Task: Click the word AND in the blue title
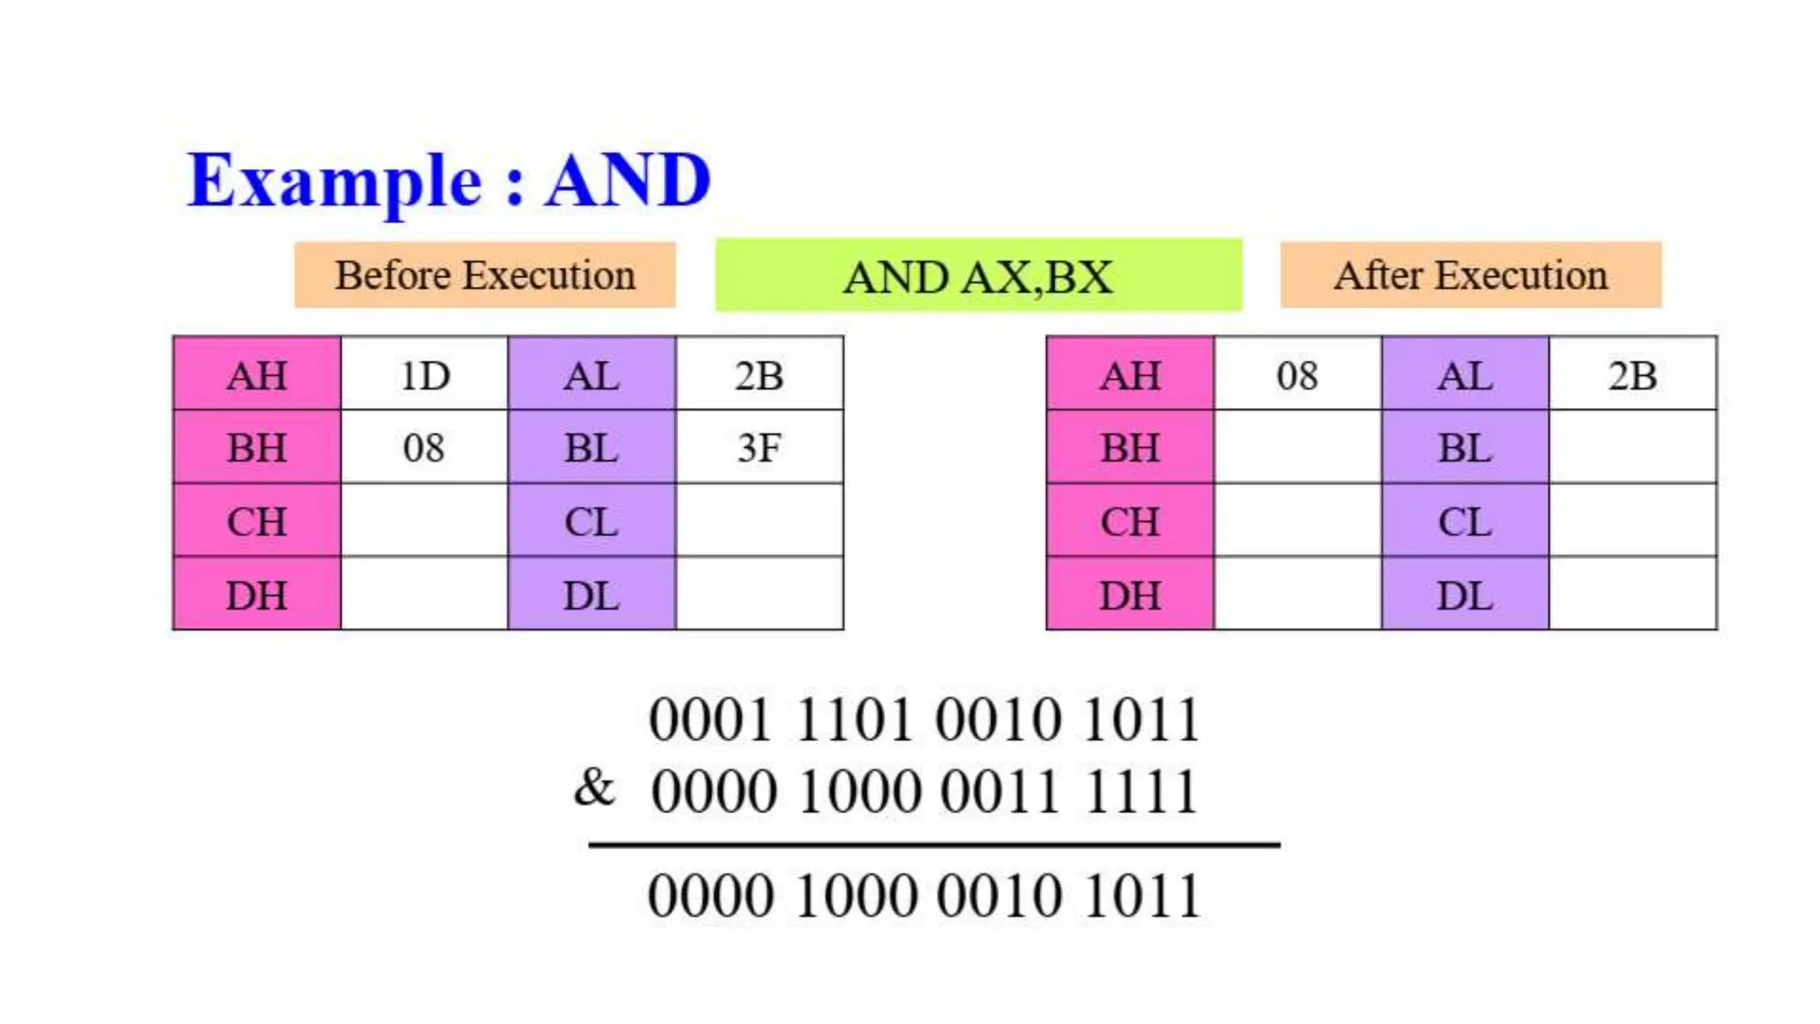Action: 627,180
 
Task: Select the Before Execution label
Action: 484,276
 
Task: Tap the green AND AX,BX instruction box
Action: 978,276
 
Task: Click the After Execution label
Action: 1470,276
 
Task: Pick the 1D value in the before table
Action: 425,375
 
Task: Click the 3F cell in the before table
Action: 759,448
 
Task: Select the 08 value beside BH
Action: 423,448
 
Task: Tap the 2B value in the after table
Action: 1632,375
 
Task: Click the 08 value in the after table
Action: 1297,375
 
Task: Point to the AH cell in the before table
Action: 257,375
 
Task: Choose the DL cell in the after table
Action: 1465,595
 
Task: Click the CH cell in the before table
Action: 257,522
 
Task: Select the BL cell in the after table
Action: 1465,448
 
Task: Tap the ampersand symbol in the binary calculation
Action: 594,788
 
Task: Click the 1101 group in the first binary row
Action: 854,719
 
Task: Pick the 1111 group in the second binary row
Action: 1141,792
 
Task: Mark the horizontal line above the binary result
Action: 933,844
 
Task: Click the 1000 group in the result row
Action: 854,895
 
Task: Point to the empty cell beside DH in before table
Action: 423,595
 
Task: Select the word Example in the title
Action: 335,180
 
